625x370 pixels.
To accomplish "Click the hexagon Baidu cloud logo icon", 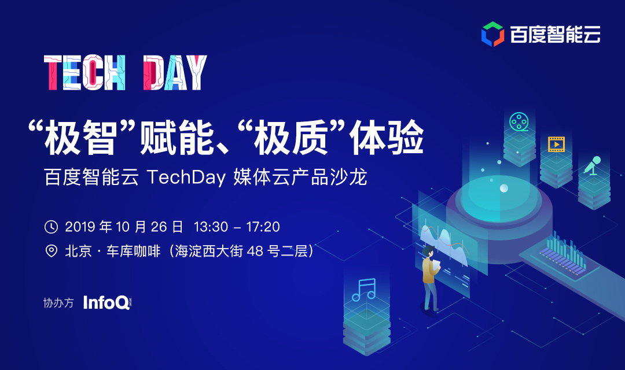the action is (492, 34).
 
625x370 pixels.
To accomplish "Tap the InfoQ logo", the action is (107, 303).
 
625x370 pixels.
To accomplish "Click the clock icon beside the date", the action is (51, 227).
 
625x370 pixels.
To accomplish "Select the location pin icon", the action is (52, 251).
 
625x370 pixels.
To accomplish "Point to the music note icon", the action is (364, 290).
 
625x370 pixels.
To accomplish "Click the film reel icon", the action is (519, 122).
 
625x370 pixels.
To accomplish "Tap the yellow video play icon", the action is (557, 144).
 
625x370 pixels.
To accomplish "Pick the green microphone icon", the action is (593, 165).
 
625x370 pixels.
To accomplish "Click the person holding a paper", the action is (430, 278).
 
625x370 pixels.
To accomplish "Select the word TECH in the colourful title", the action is (84, 72).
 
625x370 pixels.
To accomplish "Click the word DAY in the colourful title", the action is (175, 72).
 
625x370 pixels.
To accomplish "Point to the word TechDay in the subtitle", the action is (186, 177).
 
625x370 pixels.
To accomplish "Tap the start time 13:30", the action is (211, 227).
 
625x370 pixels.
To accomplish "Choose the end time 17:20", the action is (263, 227).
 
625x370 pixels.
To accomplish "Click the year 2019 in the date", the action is (80, 227).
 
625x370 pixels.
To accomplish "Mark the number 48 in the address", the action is (255, 251).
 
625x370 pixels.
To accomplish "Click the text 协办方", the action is (58, 303).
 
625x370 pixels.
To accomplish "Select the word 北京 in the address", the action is (78, 251).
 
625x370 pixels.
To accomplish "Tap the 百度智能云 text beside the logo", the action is (555, 34).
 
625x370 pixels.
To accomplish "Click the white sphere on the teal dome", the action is (504, 188).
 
